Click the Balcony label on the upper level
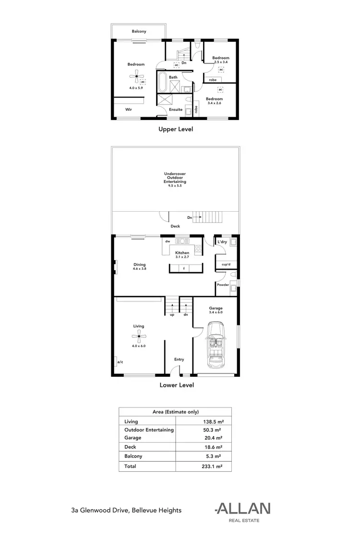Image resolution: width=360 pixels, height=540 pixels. click(139, 32)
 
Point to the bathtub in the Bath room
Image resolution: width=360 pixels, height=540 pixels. click(162, 83)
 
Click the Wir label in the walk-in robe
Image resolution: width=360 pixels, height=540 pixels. click(129, 109)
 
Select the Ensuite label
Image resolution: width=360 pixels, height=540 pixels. click(175, 109)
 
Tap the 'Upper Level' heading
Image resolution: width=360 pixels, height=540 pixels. click(176, 129)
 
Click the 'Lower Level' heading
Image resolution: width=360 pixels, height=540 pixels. click(176, 384)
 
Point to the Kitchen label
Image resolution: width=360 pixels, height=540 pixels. click(182, 252)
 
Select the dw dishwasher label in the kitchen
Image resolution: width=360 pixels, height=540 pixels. click(168, 241)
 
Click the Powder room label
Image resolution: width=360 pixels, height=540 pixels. click(222, 285)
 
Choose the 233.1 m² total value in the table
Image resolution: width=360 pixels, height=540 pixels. click(212, 466)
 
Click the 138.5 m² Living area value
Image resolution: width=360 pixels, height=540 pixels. click(212, 421)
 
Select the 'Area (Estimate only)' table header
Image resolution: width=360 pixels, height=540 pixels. click(175, 412)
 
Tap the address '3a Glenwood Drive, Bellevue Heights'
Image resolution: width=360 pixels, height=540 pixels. click(126, 510)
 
